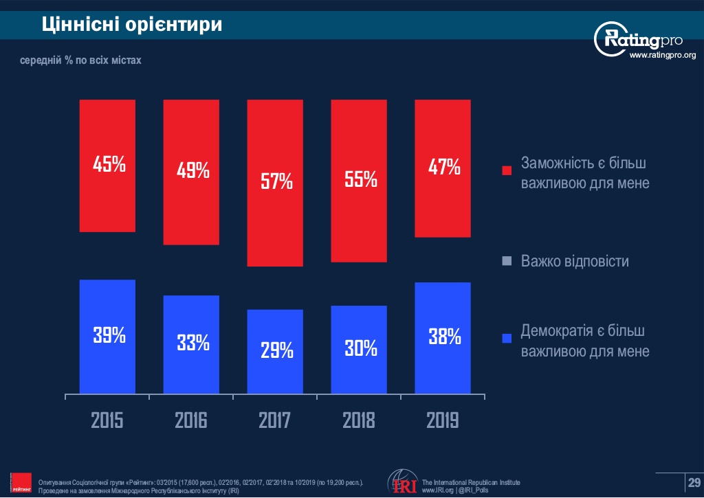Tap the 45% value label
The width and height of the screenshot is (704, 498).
click(x=109, y=165)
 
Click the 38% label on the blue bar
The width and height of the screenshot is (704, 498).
click(x=444, y=337)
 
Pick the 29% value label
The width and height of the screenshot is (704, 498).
click(x=276, y=351)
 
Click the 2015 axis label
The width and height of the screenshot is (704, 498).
click(x=107, y=420)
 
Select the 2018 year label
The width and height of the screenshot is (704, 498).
click(x=359, y=420)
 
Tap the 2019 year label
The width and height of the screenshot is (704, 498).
click(x=442, y=420)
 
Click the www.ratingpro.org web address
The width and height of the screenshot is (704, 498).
click(x=663, y=56)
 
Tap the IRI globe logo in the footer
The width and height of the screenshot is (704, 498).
click(x=401, y=482)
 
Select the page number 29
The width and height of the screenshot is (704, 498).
click(x=694, y=481)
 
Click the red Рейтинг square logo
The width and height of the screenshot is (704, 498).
click(x=23, y=483)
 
